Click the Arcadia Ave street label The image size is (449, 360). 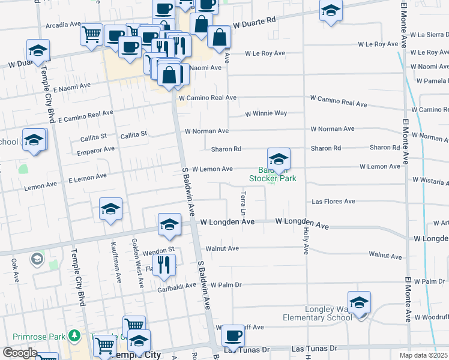62,25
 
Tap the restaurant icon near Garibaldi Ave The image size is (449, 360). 163,264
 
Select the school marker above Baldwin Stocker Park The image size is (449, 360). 279,160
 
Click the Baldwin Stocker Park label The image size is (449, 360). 273,174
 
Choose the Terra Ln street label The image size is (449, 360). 243,204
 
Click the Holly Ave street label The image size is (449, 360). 306,240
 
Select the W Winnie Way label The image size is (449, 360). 266,113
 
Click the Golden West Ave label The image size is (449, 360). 136,258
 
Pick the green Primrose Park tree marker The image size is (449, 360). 74,335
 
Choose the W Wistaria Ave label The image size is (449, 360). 430,179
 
